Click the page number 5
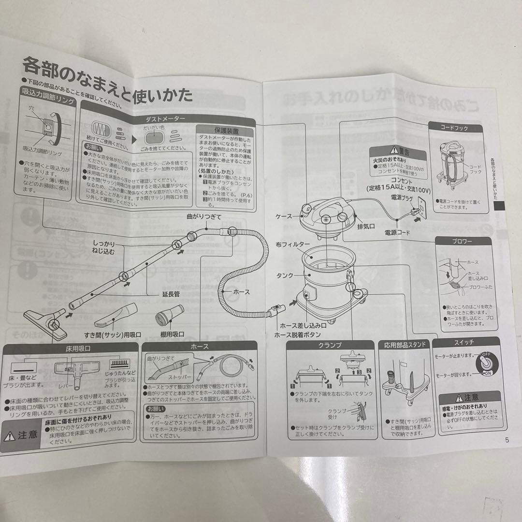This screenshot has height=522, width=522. [x=507, y=440]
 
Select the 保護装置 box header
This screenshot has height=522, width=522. [x=226, y=131]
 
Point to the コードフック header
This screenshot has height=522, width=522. [x=454, y=128]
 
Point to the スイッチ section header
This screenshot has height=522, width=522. [x=464, y=342]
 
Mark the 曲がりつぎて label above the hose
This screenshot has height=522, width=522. [x=204, y=217]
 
